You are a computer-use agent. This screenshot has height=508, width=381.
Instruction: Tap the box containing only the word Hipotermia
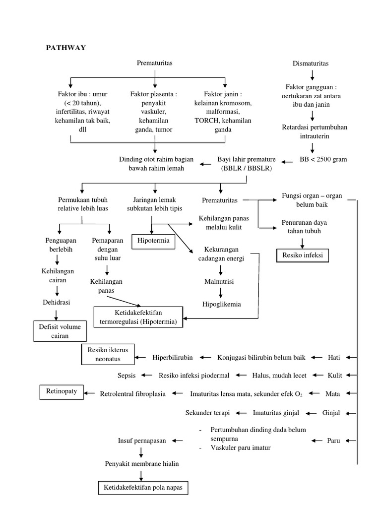(x=153, y=241)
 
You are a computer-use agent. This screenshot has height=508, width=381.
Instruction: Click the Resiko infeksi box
(x=302, y=255)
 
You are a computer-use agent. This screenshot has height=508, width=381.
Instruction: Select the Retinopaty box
(x=62, y=392)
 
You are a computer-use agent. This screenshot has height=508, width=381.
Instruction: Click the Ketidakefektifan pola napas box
(x=143, y=488)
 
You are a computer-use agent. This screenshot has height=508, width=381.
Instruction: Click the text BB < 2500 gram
(x=323, y=159)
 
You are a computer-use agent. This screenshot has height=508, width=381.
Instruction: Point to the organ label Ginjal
(x=332, y=413)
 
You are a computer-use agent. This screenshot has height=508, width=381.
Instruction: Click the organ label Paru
(x=333, y=441)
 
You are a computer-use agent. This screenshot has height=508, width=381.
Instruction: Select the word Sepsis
(x=126, y=376)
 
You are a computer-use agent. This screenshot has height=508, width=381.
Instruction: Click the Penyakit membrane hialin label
(x=141, y=464)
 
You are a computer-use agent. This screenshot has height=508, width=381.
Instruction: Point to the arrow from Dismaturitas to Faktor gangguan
(x=312, y=75)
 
